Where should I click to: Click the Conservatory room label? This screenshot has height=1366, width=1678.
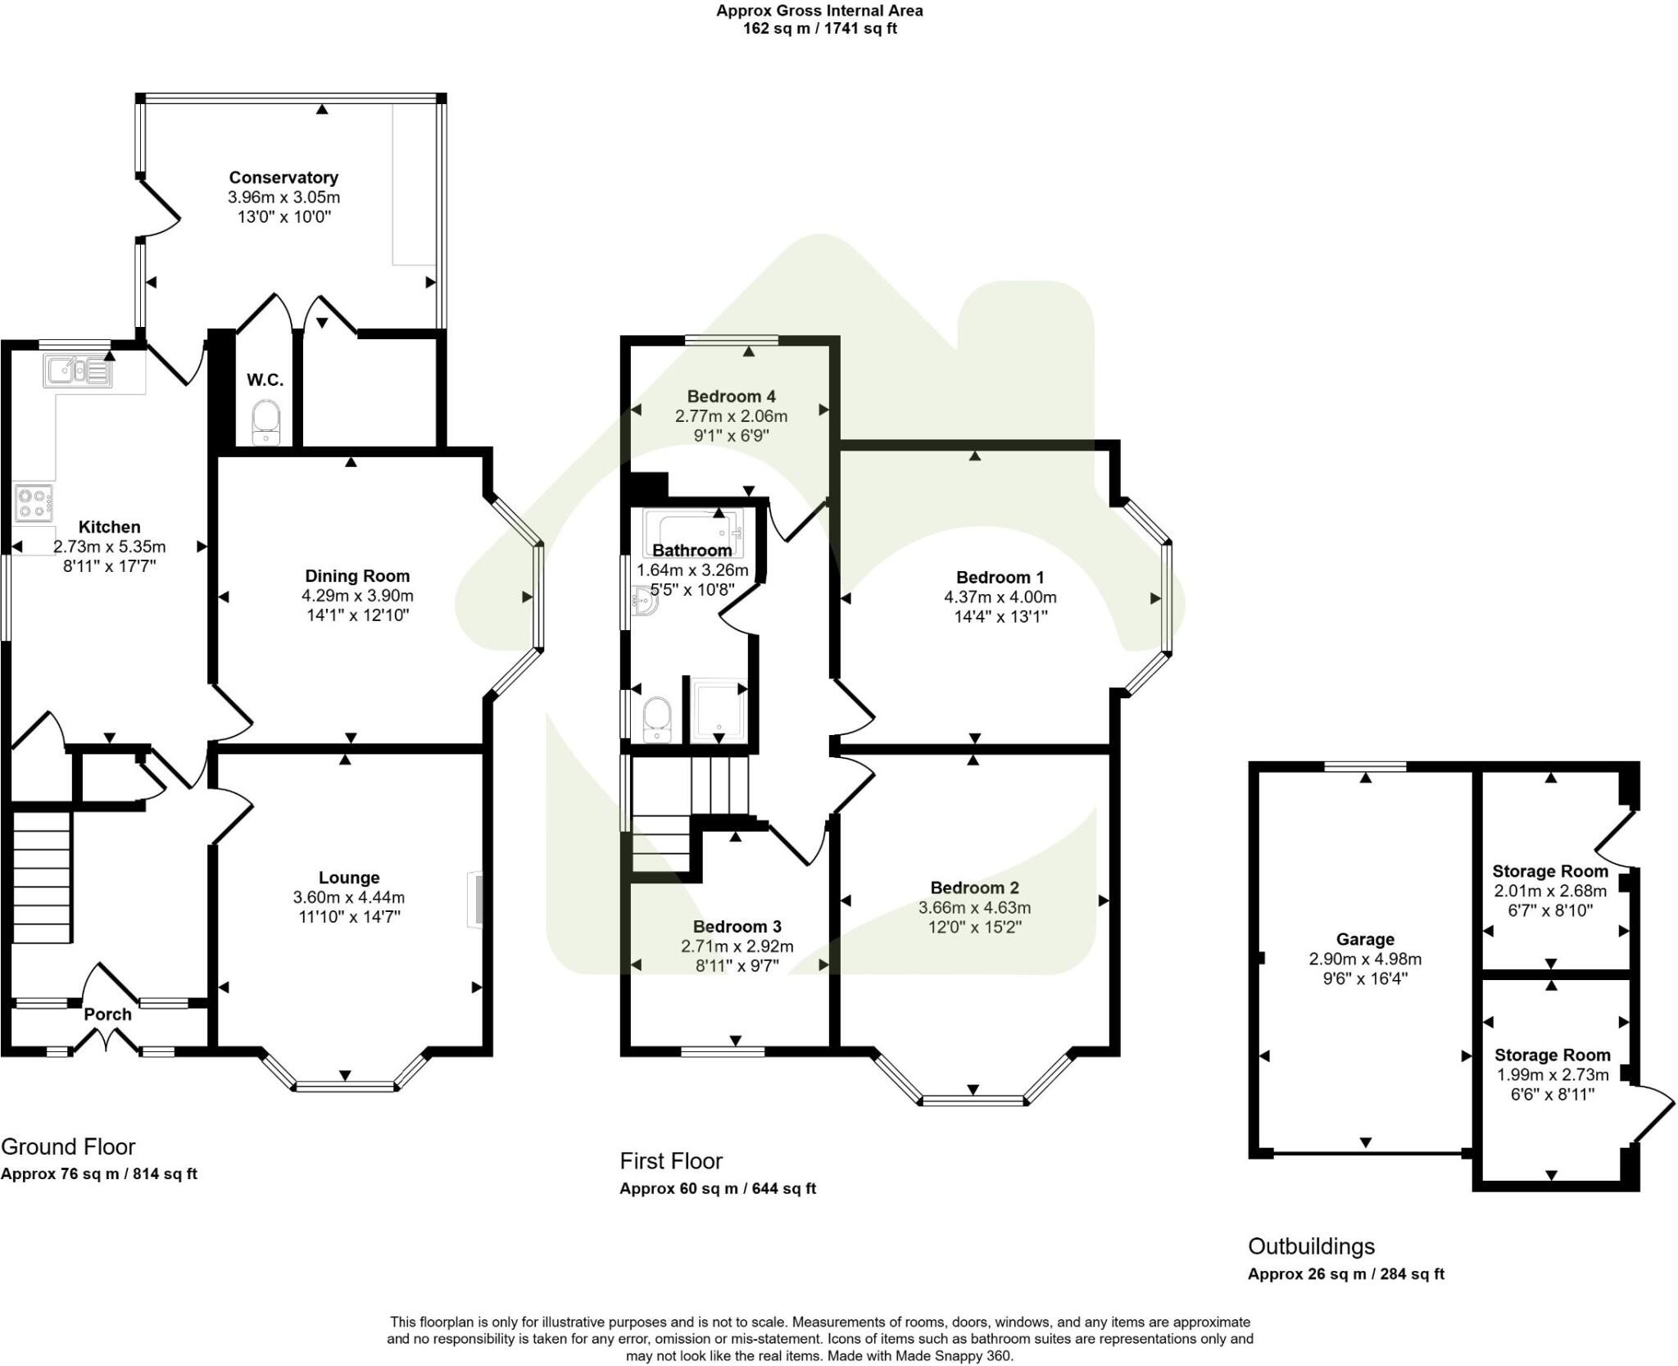point(283,177)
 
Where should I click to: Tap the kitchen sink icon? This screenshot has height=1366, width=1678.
point(77,371)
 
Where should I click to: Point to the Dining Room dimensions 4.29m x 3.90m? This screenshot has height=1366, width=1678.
point(357,596)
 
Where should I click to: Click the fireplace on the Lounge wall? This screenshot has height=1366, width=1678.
point(474,900)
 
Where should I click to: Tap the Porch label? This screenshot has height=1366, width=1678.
point(107,1014)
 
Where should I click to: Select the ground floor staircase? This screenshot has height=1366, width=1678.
point(41,875)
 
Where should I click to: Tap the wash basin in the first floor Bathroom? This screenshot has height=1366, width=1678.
point(645,601)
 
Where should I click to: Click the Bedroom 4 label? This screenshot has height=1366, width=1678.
point(731,396)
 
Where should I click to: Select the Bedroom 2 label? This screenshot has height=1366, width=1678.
point(974,887)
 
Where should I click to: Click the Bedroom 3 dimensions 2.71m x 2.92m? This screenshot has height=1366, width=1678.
point(737,946)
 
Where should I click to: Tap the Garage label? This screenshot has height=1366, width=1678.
point(1364,939)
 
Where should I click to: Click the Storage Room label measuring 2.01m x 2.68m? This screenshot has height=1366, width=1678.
point(1549,871)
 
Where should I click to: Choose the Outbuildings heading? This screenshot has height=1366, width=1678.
point(1311,1246)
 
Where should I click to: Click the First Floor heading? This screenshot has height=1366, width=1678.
point(670,1160)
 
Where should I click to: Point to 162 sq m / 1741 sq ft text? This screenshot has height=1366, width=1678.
point(819,29)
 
